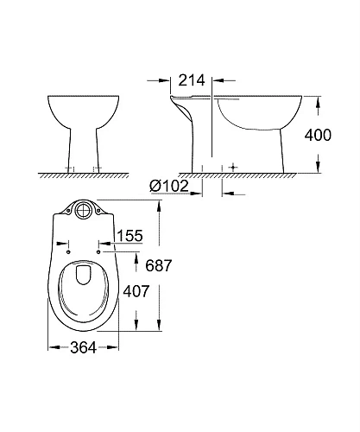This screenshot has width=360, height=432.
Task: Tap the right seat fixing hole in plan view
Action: coord(98,252)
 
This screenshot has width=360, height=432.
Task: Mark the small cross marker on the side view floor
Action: coord(232,165)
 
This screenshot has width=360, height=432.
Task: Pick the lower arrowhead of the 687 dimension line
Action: coord(156,326)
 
